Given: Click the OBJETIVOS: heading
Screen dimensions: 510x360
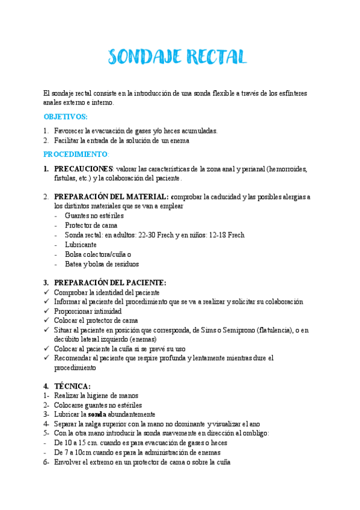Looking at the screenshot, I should click(x=66, y=117).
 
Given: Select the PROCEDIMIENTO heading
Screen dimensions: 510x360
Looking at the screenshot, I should click(x=75, y=155).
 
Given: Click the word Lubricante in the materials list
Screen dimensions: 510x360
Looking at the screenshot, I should click(x=80, y=245).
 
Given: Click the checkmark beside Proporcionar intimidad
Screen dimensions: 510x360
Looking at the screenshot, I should click(x=47, y=312).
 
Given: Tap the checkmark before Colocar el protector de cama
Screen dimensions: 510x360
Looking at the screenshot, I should click(x=47, y=321).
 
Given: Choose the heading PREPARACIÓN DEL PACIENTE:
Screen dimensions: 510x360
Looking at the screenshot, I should click(x=110, y=283).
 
